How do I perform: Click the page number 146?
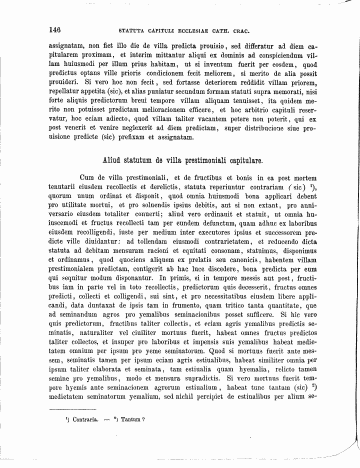[54, 29]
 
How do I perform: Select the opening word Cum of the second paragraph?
[86, 177]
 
